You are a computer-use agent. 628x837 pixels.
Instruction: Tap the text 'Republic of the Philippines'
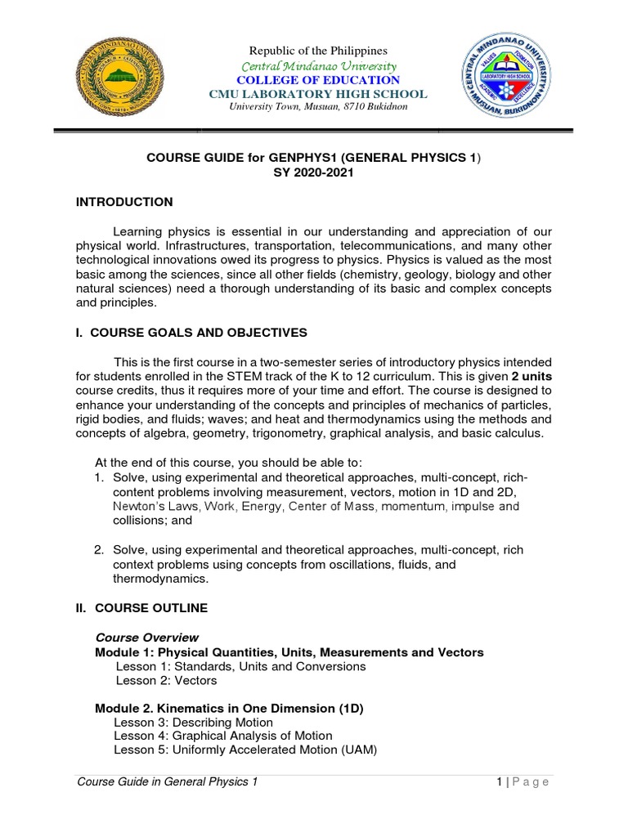314,51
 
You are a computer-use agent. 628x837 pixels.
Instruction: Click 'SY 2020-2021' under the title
313,172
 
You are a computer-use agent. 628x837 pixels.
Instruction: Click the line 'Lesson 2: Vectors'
166,681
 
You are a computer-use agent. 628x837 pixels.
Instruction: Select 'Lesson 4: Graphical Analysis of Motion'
223,736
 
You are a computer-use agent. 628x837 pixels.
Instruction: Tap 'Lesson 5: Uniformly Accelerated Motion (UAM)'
245,750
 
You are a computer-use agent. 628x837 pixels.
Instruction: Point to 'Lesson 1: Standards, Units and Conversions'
241,666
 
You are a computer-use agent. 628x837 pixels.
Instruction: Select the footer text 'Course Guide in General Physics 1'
167,782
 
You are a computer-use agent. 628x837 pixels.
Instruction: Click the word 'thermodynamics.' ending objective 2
161,579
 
